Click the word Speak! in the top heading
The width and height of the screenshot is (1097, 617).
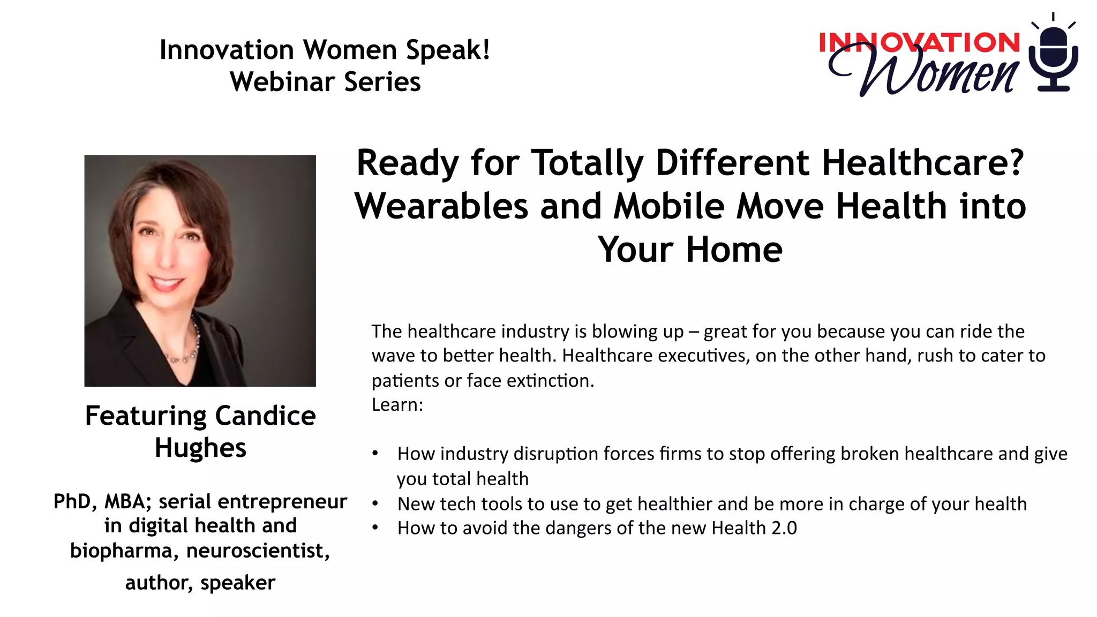pos(448,50)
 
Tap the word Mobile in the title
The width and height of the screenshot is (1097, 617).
pos(669,206)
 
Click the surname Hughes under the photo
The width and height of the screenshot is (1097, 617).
pos(200,448)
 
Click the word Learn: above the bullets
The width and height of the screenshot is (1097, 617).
pos(397,404)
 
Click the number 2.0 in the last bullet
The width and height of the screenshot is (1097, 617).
pos(784,528)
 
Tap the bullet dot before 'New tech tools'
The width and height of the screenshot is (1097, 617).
pos(375,503)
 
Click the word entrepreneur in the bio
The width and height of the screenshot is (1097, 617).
pos(282,501)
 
